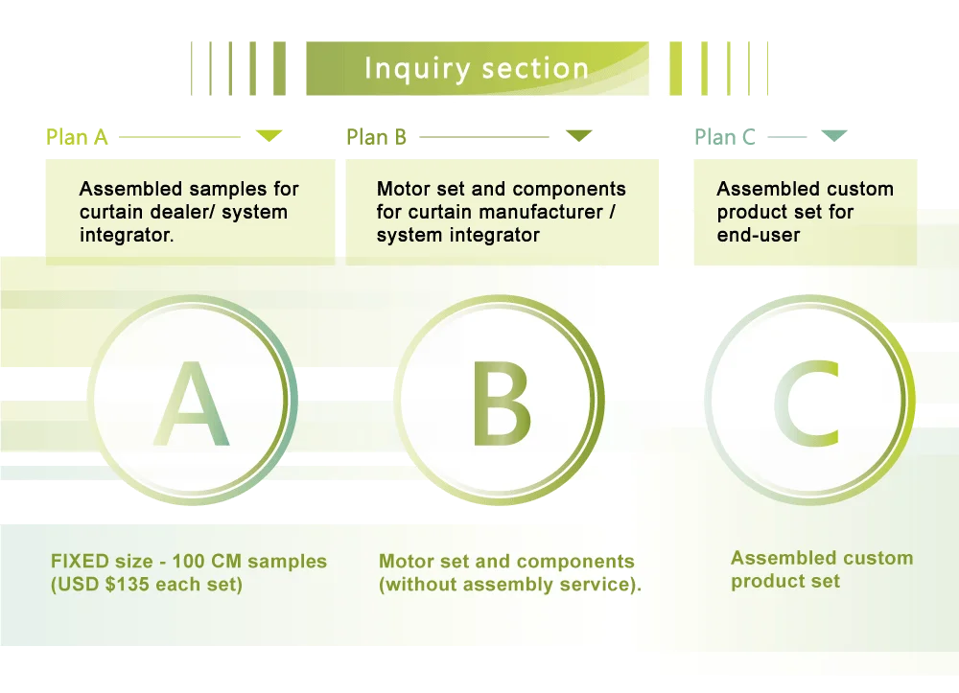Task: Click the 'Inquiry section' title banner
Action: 477,69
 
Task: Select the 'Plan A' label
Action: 77,137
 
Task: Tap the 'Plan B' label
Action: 376,137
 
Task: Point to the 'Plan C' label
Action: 725,137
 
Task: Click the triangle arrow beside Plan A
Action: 269,137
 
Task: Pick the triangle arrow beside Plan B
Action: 577,137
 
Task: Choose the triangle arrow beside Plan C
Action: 835,137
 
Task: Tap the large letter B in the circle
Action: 501,405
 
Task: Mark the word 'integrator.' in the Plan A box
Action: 127,235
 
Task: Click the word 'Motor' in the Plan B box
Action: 402,189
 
